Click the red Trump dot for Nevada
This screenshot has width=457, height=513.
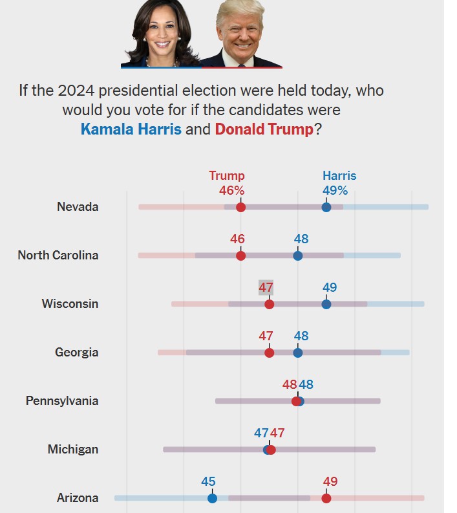(241, 207)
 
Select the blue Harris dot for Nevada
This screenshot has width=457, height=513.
(326, 207)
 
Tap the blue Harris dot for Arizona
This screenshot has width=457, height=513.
(212, 498)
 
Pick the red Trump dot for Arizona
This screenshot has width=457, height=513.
(326, 498)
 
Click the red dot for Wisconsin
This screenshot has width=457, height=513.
(270, 304)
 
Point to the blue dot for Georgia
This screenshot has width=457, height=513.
(298, 353)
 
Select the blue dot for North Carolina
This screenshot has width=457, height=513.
(298, 256)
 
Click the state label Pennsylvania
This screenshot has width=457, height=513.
(62, 401)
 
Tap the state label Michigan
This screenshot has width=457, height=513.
(73, 450)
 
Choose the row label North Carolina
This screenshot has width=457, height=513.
(58, 256)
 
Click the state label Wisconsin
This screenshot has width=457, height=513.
(70, 304)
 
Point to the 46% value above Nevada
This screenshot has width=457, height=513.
(232, 191)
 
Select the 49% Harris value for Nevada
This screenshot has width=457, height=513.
(335, 191)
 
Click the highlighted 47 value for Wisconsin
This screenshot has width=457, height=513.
(266, 288)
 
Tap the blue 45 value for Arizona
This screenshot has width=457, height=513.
(208, 482)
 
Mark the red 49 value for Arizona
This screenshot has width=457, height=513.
(330, 482)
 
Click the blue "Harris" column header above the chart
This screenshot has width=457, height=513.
(339, 176)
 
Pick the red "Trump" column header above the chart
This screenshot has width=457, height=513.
(227, 176)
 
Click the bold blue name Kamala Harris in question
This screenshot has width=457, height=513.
(131, 129)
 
